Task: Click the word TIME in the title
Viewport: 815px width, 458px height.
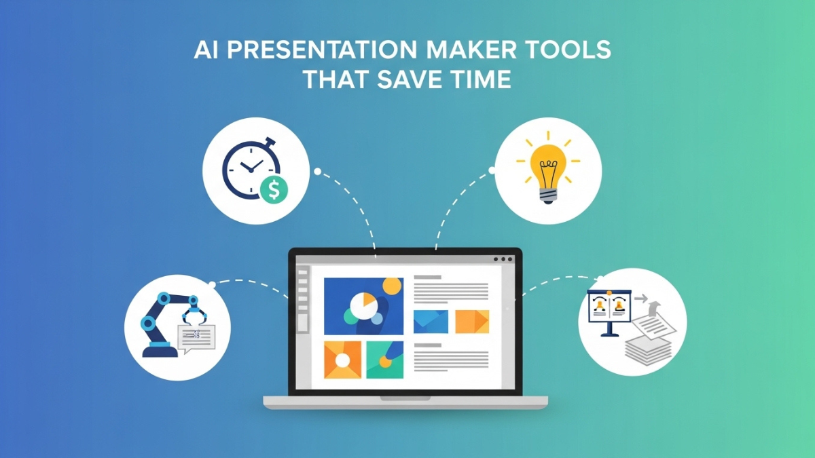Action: (482, 79)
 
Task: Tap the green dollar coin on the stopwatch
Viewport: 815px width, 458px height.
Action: (274, 190)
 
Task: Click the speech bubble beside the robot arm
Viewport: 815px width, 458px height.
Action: (196, 336)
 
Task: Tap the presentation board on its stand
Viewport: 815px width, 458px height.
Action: (610, 309)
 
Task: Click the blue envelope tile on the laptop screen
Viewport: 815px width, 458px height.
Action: (431, 322)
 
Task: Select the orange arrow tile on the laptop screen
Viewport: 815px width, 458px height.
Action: (472, 322)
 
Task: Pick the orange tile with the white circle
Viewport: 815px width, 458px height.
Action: (342, 359)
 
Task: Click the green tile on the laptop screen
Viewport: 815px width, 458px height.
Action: (385, 359)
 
